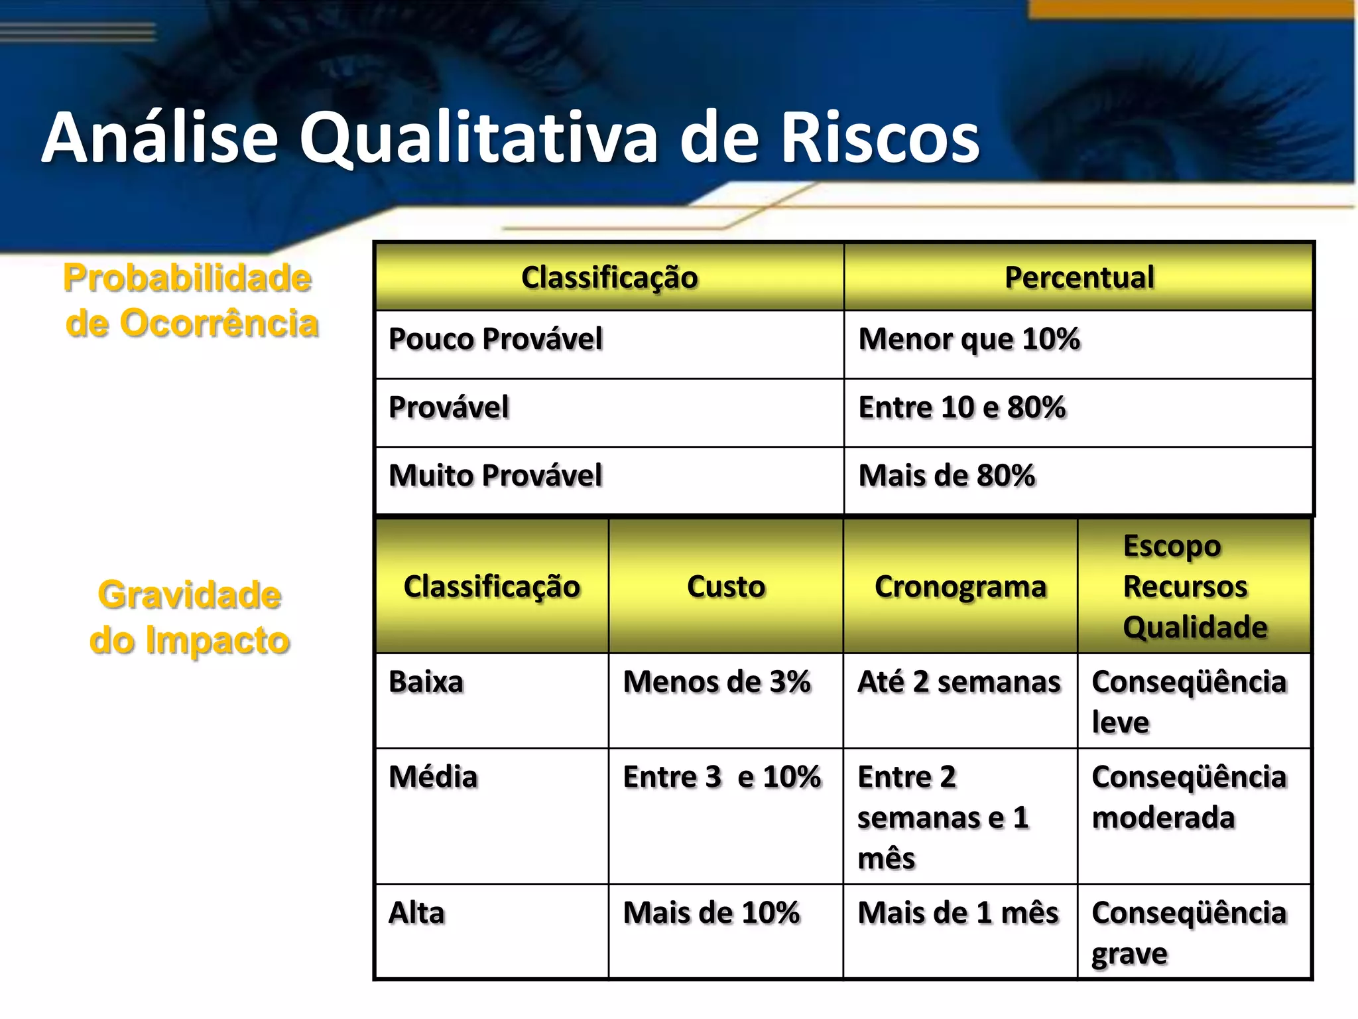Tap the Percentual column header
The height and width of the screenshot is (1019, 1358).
point(1079,277)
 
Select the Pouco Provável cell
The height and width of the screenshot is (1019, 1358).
point(495,339)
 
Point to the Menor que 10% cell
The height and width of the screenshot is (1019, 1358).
point(969,339)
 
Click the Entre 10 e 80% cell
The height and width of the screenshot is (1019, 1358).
point(961,407)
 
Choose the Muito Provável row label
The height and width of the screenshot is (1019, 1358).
point(495,476)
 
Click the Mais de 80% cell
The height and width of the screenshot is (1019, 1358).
point(946,476)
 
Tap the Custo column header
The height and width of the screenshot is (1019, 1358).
point(726,586)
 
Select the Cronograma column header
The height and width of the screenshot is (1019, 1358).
point(960,586)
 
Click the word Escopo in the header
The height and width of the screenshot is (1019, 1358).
point(1172,547)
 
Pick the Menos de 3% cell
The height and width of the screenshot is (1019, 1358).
point(717,682)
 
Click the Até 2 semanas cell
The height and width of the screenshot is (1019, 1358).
point(959,682)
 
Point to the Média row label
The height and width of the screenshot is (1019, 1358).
point(433,777)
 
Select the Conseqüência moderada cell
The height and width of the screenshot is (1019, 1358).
point(1189,797)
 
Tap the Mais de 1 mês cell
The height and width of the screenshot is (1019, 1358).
point(958,913)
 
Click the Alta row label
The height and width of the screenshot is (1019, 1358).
point(416,913)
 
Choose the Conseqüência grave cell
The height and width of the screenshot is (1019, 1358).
point(1189,933)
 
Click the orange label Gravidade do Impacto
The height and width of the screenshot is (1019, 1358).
point(190,618)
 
